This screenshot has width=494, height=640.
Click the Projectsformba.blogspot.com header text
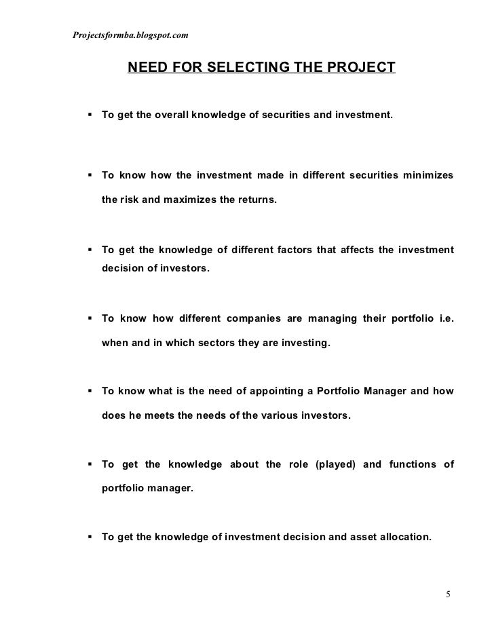click(x=130, y=35)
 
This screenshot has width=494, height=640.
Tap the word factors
click(x=288, y=250)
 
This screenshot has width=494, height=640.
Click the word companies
click(x=256, y=319)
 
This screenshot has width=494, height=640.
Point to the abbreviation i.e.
click(x=445, y=319)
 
